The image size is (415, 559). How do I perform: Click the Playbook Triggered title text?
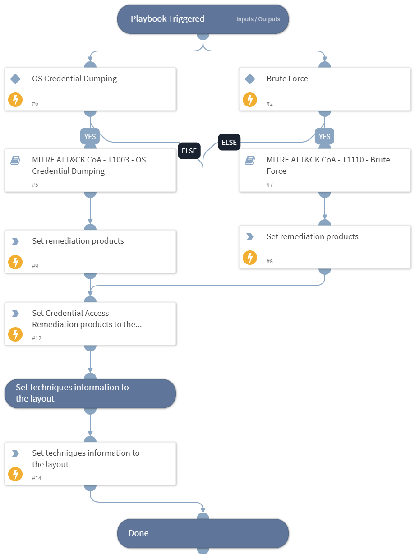click(x=167, y=19)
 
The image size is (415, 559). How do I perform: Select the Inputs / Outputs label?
click(x=258, y=19)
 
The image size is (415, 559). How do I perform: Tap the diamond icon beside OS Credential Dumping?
click(x=15, y=79)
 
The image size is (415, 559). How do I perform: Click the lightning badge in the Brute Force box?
click(x=250, y=100)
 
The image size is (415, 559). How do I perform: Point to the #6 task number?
click(x=35, y=104)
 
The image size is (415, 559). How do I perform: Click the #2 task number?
click(x=270, y=104)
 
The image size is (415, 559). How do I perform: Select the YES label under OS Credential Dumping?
click(x=90, y=136)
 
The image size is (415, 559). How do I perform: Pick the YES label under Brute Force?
click(x=324, y=136)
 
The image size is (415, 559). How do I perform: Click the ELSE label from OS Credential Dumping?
click(x=189, y=151)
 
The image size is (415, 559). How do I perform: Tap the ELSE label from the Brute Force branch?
click(x=229, y=142)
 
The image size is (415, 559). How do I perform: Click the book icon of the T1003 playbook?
click(x=15, y=160)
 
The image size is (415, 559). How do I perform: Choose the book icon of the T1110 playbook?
click(x=250, y=160)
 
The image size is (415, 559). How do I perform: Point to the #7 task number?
click(x=270, y=185)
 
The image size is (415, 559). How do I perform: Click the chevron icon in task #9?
click(x=15, y=241)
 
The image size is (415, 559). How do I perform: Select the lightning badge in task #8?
click(x=250, y=258)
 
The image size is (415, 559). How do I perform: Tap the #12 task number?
click(x=37, y=338)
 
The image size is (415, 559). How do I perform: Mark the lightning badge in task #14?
click(x=15, y=474)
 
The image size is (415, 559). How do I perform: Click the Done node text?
click(x=138, y=533)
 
